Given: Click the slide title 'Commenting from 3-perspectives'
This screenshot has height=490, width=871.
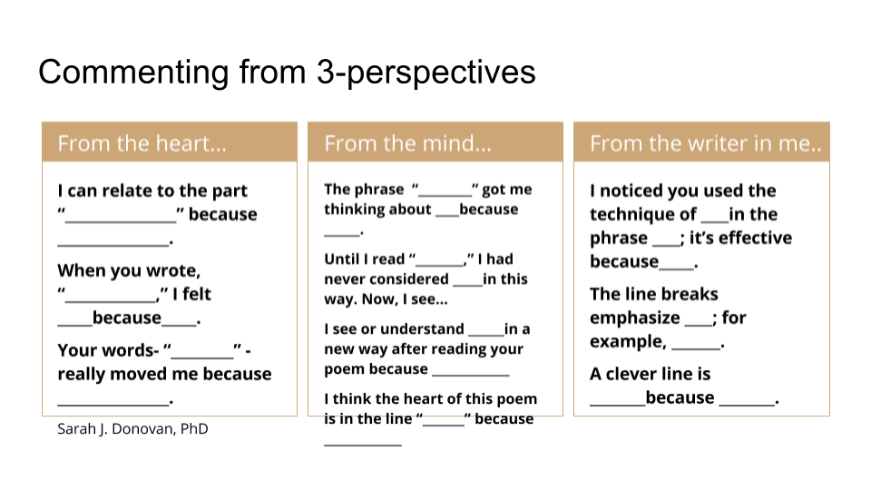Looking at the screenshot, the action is click(x=287, y=73).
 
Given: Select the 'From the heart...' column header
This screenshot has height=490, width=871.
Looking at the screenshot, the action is click(x=142, y=143).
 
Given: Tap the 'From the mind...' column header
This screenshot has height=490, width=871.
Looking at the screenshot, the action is click(x=407, y=143).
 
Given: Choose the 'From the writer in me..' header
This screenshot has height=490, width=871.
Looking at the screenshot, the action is click(x=706, y=143).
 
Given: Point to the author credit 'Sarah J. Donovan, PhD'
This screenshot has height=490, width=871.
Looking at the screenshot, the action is click(x=132, y=429).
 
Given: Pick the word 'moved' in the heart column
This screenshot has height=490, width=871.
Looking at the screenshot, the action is click(x=138, y=374).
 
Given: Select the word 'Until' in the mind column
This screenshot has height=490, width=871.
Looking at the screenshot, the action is click(x=341, y=260).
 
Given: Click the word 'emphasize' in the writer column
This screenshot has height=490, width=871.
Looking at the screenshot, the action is click(x=635, y=318).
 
